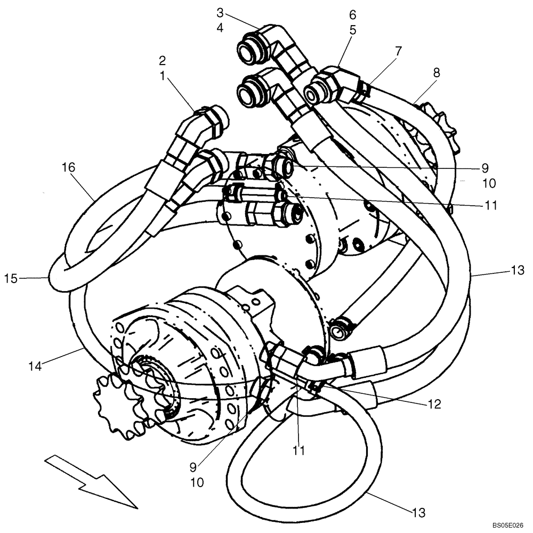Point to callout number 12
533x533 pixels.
point(434,404)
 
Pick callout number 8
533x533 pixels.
point(436,73)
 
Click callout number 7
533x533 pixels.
point(399,51)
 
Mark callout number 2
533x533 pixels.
point(162,60)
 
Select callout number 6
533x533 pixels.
point(353,14)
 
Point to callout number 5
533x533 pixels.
point(353,30)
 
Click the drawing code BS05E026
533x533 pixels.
point(508,525)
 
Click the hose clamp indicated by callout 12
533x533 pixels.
point(312,386)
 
